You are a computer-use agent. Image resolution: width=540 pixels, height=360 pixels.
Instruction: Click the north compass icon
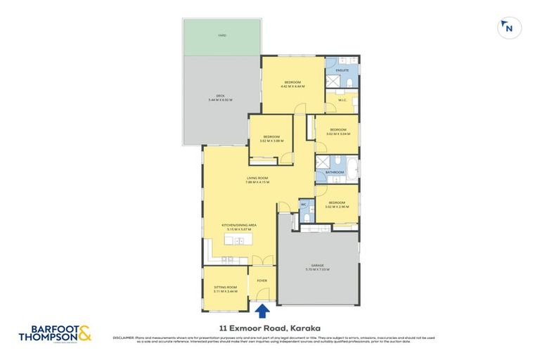[508, 28]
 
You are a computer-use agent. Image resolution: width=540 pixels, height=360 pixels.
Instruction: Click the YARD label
[221, 35]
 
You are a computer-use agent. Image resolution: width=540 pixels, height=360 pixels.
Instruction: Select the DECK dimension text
[220, 101]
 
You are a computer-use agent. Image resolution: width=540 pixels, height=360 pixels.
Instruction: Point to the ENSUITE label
[342, 70]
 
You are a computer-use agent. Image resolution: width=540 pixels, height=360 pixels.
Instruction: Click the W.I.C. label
[343, 100]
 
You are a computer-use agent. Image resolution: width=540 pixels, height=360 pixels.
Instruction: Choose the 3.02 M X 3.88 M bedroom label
[271, 139]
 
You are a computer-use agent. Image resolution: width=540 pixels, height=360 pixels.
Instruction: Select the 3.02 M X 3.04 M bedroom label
[338, 131]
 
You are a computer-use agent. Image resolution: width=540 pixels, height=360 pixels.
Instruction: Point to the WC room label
[304, 205]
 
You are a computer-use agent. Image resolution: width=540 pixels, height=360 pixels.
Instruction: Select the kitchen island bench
[238, 240]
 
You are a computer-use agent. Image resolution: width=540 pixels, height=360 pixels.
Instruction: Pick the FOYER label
[262, 281]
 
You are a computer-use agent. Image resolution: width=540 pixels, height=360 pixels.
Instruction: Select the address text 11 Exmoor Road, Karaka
[270, 327]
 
